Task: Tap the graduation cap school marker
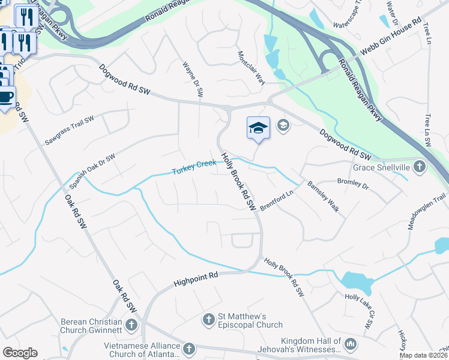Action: pyautogui.click(x=258, y=128)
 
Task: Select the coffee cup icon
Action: pyautogui.click(x=6, y=97)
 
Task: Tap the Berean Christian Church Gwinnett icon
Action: pyautogui.click(x=131, y=325)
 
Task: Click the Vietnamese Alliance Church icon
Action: pyautogui.click(x=188, y=349)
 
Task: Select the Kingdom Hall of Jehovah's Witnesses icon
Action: pyautogui.click(x=351, y=344)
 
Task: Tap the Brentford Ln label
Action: pyautogui.click(x=279, y=200)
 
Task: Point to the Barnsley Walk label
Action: pyautogui.click(x=324, y=196)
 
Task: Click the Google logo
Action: pyautogui.click(x=20, y=353)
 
